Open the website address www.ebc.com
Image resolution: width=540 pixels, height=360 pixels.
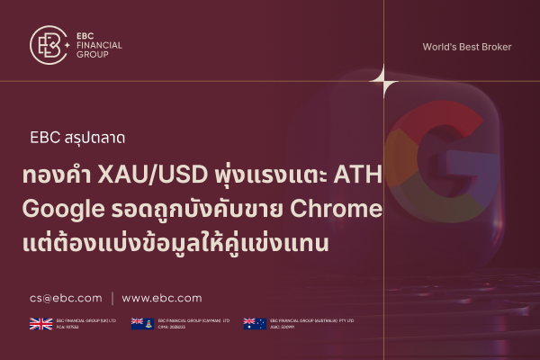pyautogui.click(x=162, y=298)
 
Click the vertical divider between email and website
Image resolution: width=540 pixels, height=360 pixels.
pyautogui.click(x=112, y=298)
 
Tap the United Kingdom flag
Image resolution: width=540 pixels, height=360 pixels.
pyautogui.click(x=40, y=324)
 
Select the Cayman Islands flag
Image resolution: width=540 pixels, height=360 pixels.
pyautogui.click(x=141, y=324)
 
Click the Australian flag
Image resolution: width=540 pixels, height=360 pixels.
pyautogui.click(x=254, y=324)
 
